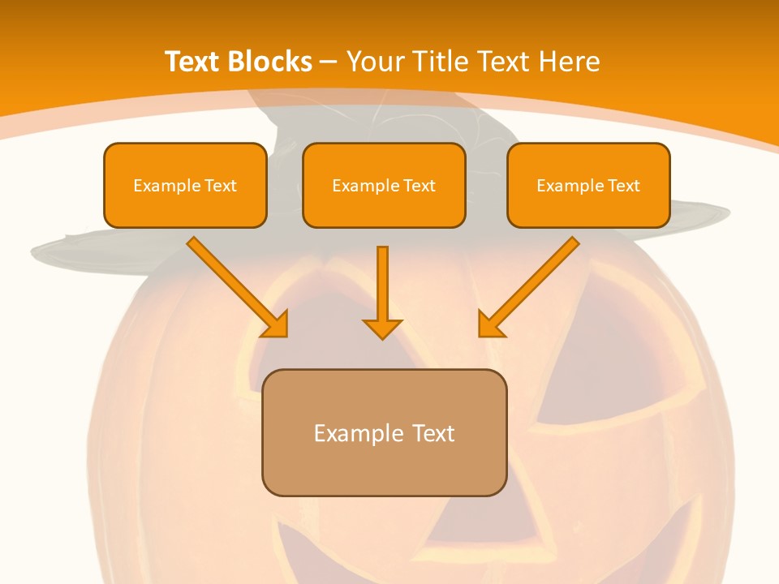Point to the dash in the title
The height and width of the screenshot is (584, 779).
pos(329,62)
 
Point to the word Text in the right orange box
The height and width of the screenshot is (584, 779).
pos(624,186)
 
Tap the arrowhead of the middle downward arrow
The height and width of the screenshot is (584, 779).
pos(382,328)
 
